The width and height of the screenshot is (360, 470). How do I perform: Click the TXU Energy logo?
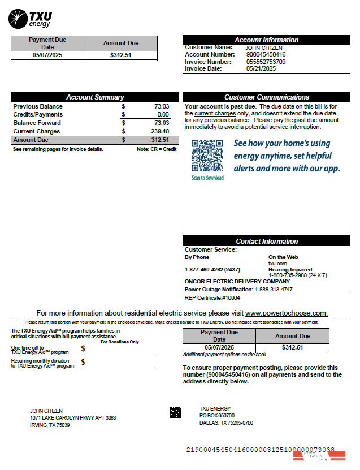[30, 18]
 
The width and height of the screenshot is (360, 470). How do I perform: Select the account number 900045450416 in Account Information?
[265, 55]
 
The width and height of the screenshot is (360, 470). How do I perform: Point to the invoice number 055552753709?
[265, 62]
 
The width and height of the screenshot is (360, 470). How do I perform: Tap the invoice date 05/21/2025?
[261, 68]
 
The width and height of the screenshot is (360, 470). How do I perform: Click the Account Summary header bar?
[94, 97]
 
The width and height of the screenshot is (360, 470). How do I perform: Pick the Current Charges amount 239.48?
[159, 131]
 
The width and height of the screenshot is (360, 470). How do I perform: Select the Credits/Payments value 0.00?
[163, 115]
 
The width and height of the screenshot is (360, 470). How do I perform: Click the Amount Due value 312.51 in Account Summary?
[159, 140]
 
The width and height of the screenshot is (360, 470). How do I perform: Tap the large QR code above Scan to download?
[207, 155]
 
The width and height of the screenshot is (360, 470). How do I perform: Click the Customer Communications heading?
[266, 97]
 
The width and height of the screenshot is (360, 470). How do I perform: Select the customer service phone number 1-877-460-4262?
[212, 269]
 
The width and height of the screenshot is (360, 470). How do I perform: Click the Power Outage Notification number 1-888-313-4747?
[274, 290]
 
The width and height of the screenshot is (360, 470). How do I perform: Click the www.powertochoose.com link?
[286, 313]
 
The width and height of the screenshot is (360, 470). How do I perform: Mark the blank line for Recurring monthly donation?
[120, 365]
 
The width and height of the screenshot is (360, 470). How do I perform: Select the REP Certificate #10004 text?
[212, 297]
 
